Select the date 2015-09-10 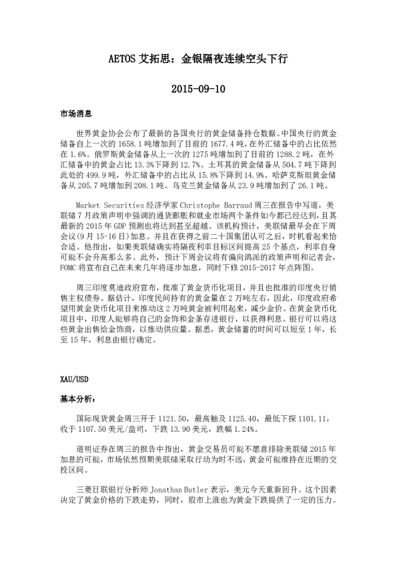tap(197, 88)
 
